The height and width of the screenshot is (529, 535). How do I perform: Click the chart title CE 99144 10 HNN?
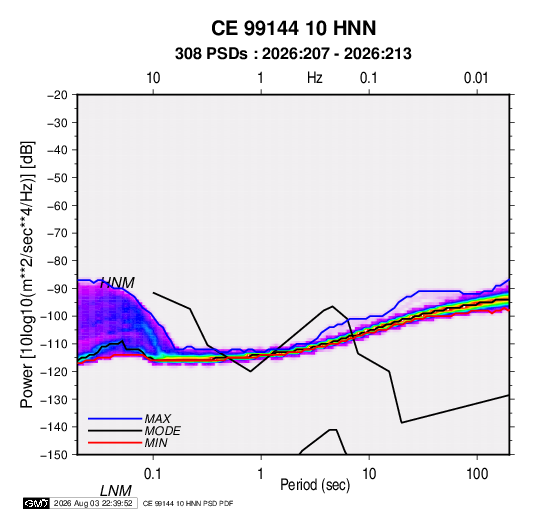(293, 28)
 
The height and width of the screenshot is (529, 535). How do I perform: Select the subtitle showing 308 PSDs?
(293, 54)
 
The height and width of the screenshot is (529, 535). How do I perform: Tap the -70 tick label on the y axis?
(58, 233)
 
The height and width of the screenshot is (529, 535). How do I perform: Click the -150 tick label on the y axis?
(54, 455)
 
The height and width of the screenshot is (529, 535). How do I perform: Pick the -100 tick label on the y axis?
(54, 316)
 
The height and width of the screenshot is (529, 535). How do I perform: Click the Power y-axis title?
(27, 275)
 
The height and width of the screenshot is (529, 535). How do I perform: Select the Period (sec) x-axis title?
(315, 485)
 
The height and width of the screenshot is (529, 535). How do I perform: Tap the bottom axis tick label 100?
(477, 474)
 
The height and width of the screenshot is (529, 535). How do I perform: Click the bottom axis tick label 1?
(261, 474)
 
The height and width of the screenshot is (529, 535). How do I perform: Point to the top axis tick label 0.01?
(476, 78)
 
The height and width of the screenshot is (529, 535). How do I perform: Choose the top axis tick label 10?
(153, 78)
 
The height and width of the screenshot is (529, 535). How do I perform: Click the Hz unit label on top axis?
(315, 78)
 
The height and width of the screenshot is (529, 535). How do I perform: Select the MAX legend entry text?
(158, 419)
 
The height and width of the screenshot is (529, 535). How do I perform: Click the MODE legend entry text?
(162, 431)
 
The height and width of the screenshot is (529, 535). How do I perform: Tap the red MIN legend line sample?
(115, 443)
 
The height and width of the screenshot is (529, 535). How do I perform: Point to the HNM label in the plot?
(117, 283)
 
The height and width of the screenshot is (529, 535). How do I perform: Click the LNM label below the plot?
(116, 491)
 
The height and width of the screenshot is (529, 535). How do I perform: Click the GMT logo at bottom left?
(36, 503)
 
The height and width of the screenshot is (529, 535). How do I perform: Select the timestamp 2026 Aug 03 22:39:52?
(93, 503)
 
